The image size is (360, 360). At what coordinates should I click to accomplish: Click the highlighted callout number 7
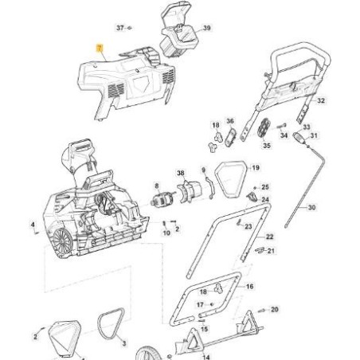click(x=98, y=49)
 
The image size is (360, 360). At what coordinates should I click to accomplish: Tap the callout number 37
click(x=120, y=27)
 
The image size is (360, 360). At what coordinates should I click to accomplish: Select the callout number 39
click(x=207, y=28)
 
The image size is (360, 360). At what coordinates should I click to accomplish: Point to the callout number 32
click(x=320, y=102)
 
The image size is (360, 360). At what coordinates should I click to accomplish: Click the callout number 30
click(x=311, y=207)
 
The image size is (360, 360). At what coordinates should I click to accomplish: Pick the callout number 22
click(x=270, y=237)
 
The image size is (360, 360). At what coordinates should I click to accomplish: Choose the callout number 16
click(x=249, y=285)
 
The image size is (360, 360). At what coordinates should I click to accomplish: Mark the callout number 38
click(x=181, y=173)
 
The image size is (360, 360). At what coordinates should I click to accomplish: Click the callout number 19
click(x=256, y=168)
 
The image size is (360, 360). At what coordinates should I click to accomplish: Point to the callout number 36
click(x=230, y=122)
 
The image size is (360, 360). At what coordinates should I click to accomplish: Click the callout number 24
click(x=265, y=200)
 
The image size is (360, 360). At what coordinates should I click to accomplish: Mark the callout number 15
click(x=204, y=328)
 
